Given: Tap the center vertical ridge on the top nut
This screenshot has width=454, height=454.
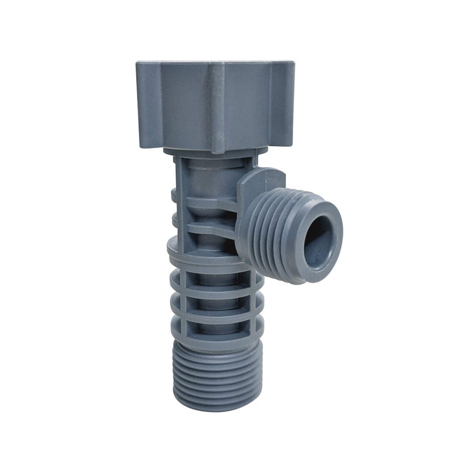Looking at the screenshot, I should [x=217, y=108].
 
